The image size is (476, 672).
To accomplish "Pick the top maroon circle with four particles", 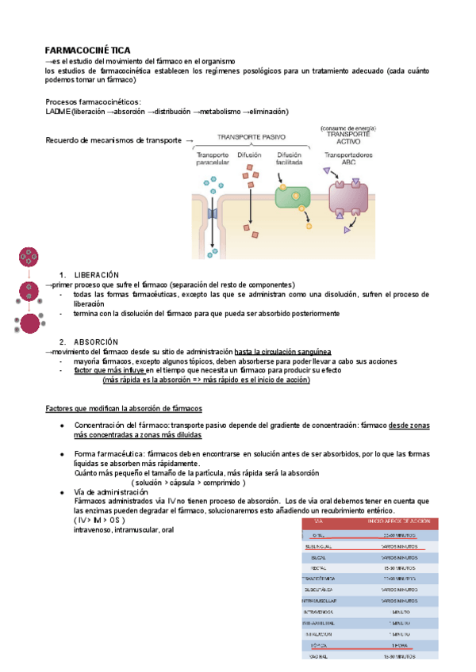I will (x=29, y=258).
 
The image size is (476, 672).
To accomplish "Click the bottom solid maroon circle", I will (x=31, y=323).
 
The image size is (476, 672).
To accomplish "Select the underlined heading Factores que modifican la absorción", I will (x=124, y=408).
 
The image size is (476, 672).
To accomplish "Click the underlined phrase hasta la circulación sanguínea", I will (x=283, y=351).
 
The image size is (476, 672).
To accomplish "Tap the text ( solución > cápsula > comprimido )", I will (x=188, y=482).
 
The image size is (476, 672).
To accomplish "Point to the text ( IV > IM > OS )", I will (x=100, y=520).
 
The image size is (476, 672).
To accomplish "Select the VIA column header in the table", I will (x=319, y=521).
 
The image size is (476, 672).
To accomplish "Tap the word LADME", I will (x=58, y=112).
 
